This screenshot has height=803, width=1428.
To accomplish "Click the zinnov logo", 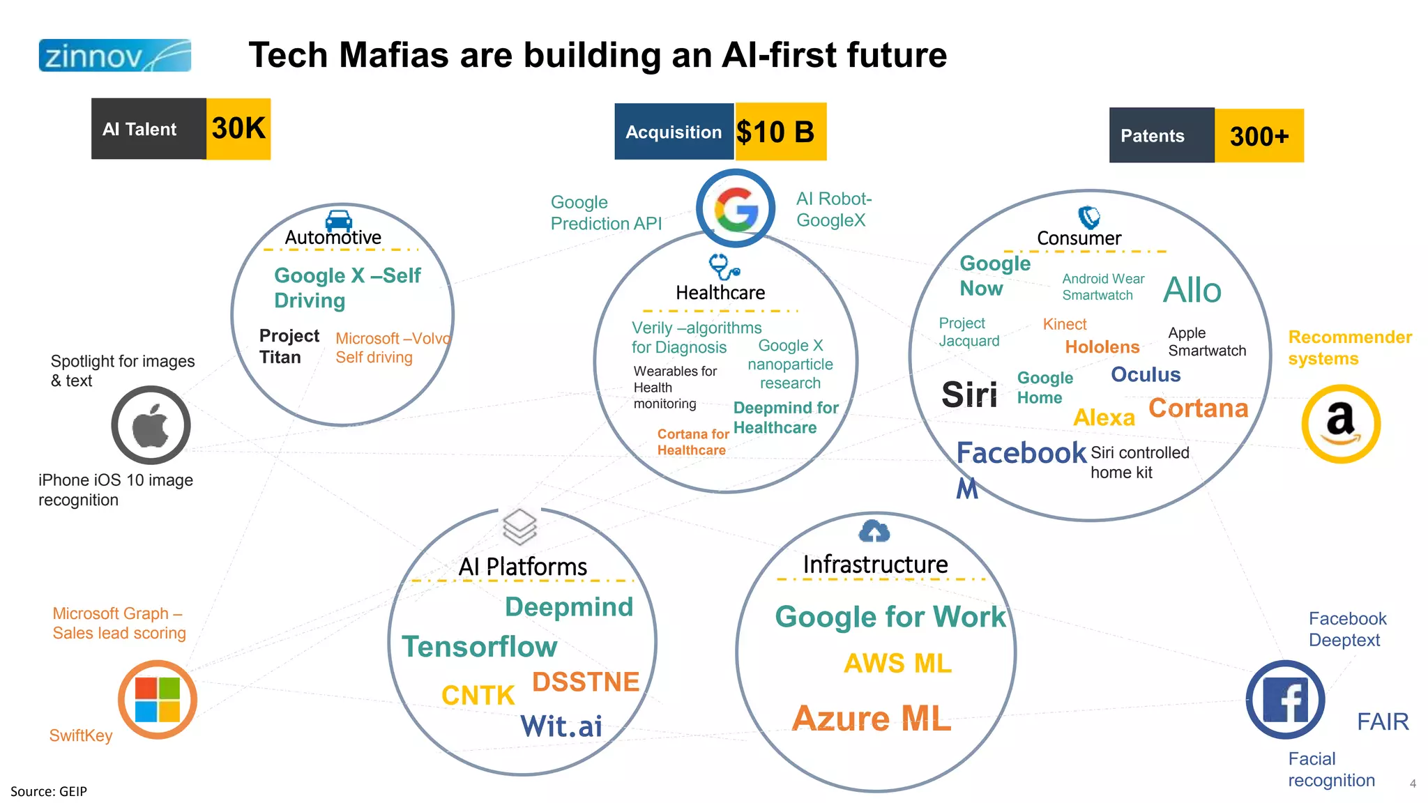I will click(114, 56).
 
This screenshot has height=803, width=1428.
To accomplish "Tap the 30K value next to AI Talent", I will click(238, 128).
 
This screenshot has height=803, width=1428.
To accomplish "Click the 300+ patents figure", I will click(1259, 136).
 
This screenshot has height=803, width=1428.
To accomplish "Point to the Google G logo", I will click(736, 208).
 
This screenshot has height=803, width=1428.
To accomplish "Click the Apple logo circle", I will click(151, 425).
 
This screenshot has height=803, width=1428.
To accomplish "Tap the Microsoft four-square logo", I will click(158, 699).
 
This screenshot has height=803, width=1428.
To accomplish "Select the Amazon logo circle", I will click(1340, 424).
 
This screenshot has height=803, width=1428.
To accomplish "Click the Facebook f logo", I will click(1285, 700).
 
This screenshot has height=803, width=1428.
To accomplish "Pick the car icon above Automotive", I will click(339, 220).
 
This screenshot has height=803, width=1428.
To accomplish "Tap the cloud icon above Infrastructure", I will click(874, 531).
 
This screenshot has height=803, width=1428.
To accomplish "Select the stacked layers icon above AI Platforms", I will click(519, 526).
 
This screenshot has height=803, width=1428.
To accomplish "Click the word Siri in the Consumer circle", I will click(969, 395).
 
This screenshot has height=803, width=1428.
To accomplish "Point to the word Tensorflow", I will click(479, 647).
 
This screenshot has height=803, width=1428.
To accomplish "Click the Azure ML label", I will click(872, 719).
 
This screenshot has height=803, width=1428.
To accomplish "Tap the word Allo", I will click(1192, 290).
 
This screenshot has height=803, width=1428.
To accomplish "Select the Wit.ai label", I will click(561, 726).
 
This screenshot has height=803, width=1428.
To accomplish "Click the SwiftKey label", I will click(81, 735).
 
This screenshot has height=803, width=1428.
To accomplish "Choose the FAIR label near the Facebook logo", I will click(1382, 721).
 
